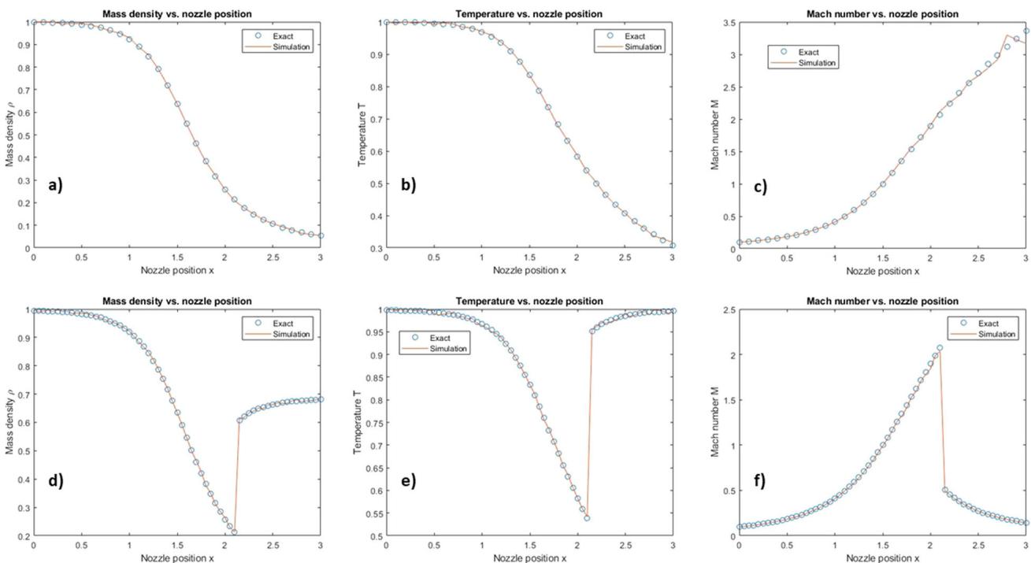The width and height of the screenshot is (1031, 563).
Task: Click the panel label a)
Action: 55,185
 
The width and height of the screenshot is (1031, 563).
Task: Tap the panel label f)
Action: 759,480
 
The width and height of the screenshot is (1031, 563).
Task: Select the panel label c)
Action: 760,187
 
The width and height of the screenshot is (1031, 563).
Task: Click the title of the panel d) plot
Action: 176,302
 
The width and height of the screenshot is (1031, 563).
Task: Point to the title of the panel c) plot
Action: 882,14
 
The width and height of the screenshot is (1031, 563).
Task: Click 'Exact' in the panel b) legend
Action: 635,36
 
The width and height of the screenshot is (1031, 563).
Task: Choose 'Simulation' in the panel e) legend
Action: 448,349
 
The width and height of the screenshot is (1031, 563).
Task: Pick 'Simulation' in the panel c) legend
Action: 817,63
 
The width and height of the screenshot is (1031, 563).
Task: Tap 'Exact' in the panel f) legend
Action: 988,324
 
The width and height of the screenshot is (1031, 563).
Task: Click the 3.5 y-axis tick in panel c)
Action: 728,23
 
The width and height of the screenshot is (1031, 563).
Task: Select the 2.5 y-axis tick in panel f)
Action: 728,310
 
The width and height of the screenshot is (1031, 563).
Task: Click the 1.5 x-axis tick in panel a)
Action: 176,257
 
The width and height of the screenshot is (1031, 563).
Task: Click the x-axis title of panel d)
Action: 177,558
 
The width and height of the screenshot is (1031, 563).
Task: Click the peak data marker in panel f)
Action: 940,348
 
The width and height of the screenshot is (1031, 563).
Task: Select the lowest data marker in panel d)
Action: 234,532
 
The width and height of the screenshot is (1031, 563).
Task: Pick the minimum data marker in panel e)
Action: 587,518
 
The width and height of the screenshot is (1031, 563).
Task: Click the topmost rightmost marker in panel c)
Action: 1026,31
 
